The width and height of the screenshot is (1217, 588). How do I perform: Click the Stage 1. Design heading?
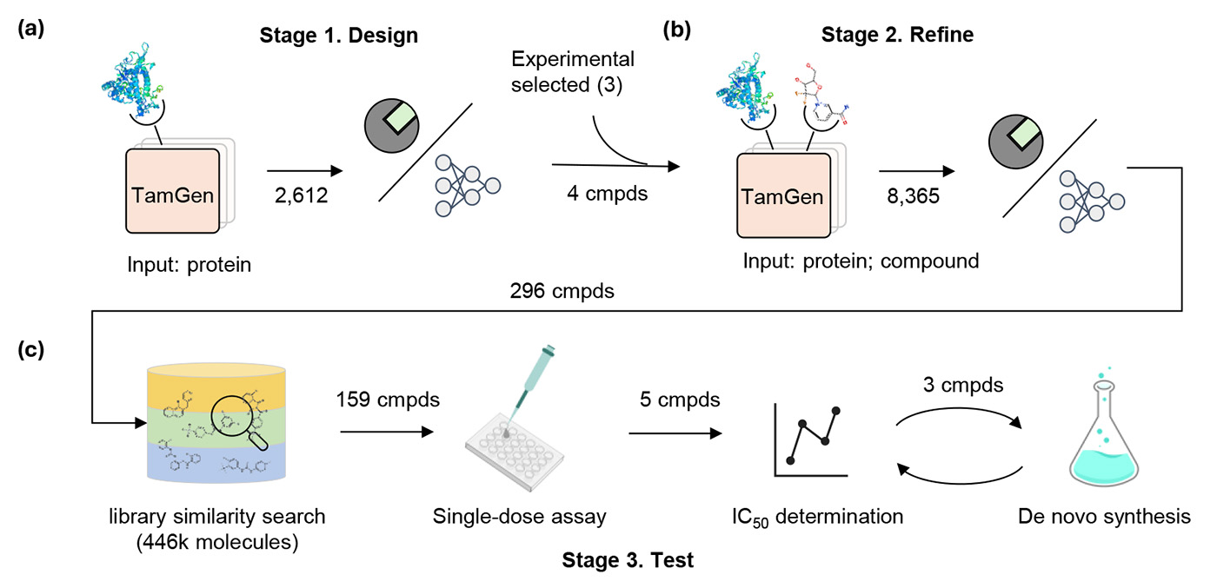coord(339,36)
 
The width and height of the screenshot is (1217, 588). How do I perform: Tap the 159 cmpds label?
coord(388,401)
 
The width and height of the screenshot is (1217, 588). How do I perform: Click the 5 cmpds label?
coord(675,401)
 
